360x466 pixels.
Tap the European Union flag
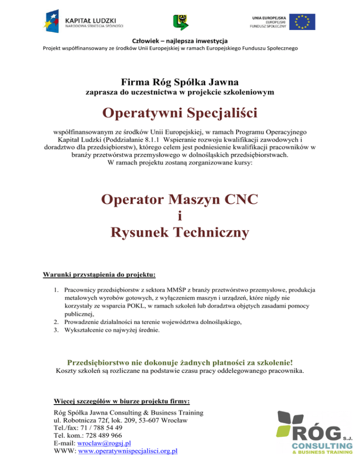tap(302, 22)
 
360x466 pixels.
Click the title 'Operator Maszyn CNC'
tap(180, 200)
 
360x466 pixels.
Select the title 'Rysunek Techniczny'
tap(180, 232)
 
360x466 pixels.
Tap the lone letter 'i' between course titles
tap(180, 216)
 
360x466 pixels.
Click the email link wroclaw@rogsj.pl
tap(107, 443)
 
